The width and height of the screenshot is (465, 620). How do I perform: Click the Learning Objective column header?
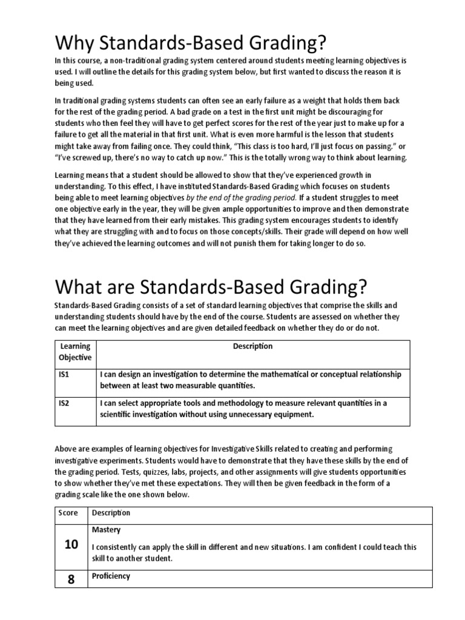[x=75, y=352]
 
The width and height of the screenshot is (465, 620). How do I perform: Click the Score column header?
[x=68, y=513]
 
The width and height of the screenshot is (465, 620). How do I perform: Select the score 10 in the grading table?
[x=71, y=544]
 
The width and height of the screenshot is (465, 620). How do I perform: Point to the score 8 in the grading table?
[x=71, y=579]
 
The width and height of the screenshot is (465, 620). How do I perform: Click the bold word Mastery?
[x=106, y=530]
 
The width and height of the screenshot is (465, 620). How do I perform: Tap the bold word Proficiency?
[x=111, y=576]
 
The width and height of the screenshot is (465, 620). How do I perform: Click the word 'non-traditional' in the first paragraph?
[x=136, y=61]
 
